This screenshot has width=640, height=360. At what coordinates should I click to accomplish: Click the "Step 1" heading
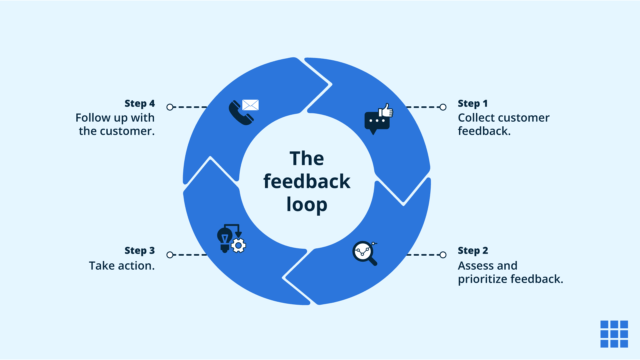pos(472,104)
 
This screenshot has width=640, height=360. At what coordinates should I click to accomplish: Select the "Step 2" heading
pos(473,251)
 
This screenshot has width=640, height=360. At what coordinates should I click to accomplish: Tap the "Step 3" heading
pos(140,251)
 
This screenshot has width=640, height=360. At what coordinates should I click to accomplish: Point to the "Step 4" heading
pos(140,104)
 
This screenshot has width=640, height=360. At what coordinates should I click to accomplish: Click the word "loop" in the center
pos(307,205)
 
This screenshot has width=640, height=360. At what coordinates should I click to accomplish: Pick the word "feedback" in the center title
pos(307,182)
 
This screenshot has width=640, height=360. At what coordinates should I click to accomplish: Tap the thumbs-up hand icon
pos(386,110)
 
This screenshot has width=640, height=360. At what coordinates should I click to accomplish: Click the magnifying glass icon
pos(364,253)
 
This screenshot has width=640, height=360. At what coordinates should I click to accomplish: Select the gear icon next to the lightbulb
pos(239,246)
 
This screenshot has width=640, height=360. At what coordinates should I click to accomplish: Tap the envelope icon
pos(250,105)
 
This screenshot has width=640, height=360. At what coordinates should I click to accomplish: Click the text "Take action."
pos(122,266)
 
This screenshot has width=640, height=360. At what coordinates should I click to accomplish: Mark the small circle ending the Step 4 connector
pos(170,107)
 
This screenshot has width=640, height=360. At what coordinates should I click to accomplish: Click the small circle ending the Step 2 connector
pos(443,255)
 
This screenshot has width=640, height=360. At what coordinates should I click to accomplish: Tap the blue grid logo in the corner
pos(614,334)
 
